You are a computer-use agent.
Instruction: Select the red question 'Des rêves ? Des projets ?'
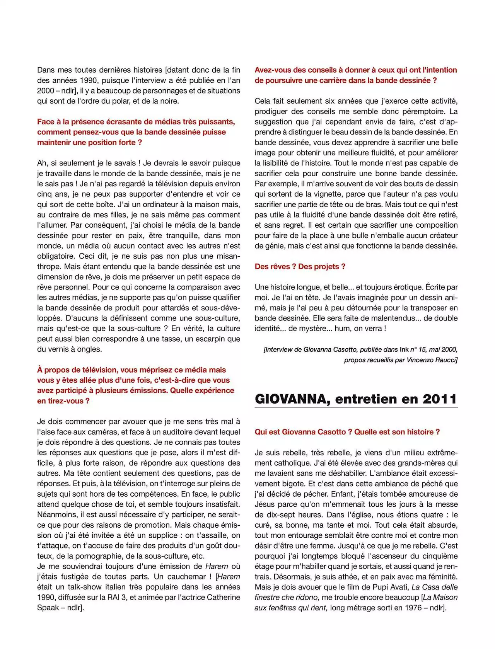[300, 266]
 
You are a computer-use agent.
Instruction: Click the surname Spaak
[48, 608]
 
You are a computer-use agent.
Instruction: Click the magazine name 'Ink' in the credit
[404, 349]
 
